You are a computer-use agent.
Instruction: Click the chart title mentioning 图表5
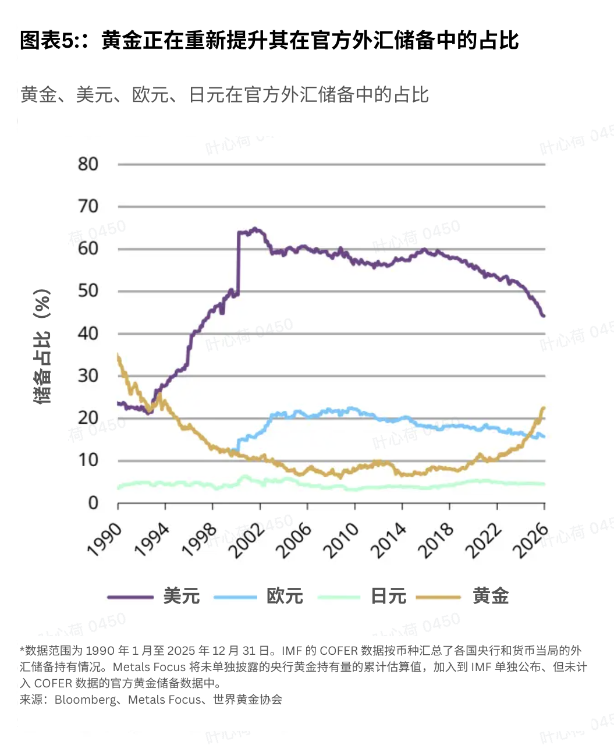click(x=269, y=41)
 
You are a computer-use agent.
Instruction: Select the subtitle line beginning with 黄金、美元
click(x=225, y=95)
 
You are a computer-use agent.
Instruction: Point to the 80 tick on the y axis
click(x=88, y=164)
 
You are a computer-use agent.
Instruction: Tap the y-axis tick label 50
click(x=88, y=291)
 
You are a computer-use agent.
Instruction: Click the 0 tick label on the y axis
click(x=93, y=503)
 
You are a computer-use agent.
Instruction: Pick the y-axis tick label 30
click(x=88, y=375)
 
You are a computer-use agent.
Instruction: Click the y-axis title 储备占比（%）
click(x=42, y=347)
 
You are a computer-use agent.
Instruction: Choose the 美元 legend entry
click(x=181, y=596)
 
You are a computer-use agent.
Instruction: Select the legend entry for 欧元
click(x=285, y=596)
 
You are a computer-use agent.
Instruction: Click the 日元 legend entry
click(x=388, y=596)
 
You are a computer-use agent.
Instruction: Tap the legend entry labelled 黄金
click(x=491, y=596)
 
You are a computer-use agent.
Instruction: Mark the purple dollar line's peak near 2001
click(x=254, y=229)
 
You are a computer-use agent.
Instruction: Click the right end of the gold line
click(x=544, y=408)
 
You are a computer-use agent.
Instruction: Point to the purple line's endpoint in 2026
click(x=544, y=316)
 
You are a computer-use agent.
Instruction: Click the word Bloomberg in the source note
click(x=86, y=700)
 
